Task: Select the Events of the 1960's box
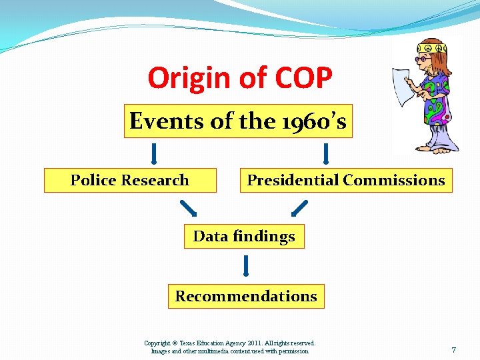[x=238, y=121]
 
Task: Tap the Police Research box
[x=130, y=181]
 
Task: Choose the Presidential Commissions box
[x=346, y=181]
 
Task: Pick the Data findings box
[x=244, y=237]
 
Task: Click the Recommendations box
[x=246, y=297]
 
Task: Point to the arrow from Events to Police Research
[x=154, y=153]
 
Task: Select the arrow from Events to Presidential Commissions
[x=326, y=153]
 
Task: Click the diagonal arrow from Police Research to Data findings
[x=189, y=209]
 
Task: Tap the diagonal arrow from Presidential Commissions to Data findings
[x=300, y=209]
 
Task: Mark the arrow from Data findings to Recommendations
[x=246, y=265]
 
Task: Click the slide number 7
[x=453, y=350]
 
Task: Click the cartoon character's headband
[x=430, y=49]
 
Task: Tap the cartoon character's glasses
[x=424, y=59]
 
